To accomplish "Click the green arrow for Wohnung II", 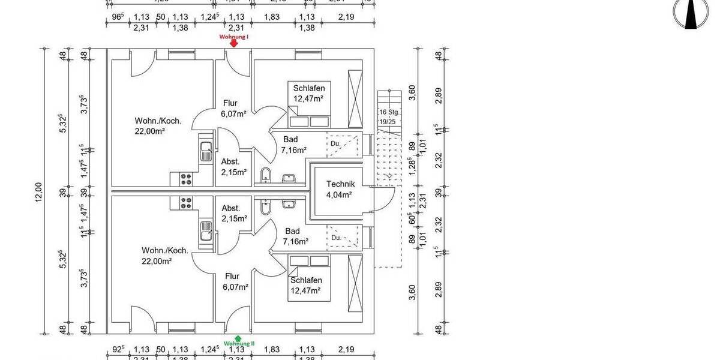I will coord(239,338).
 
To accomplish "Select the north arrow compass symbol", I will coord(691,13).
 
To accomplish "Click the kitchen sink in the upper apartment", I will coord(206,151).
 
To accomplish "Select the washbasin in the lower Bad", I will coord(289,204).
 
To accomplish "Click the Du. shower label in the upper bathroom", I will coord(335,144).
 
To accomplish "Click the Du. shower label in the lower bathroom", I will coord(336,238).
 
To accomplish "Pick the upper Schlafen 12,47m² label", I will coord(308,94).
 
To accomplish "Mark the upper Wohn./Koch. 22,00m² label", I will coord(149,125).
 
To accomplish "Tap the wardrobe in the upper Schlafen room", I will coord(355,98).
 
